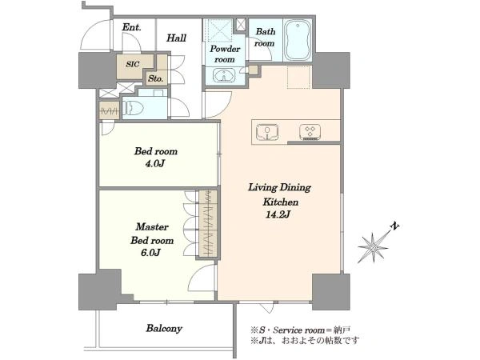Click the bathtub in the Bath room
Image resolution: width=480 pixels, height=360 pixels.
[298, 39]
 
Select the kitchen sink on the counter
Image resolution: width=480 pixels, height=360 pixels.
[267, 132]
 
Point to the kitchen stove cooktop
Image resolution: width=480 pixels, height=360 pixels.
[310, 132]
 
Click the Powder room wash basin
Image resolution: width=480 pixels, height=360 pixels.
[224, 75]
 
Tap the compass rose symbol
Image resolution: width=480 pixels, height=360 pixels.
[374, 246]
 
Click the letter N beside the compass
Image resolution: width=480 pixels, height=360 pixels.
[395, 226]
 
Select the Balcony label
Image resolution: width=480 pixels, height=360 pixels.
[164, 329]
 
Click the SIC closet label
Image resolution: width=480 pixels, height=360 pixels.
[133, 64]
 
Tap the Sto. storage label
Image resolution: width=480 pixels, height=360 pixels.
[155, 78]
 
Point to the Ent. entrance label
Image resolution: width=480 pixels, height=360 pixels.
[132, 27]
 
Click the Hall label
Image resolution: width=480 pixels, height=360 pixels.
[176, 38]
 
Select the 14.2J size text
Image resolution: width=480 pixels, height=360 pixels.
[278, 214]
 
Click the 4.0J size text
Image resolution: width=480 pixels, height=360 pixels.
[155, 164]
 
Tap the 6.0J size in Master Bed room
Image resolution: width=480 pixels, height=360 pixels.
[151, 253]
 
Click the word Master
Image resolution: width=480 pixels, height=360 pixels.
[152, 227]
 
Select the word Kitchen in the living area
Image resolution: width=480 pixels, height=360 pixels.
[281, 202]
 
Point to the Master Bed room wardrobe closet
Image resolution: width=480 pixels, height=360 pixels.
[208, 224]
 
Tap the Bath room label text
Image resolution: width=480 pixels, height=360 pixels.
[265, 38]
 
